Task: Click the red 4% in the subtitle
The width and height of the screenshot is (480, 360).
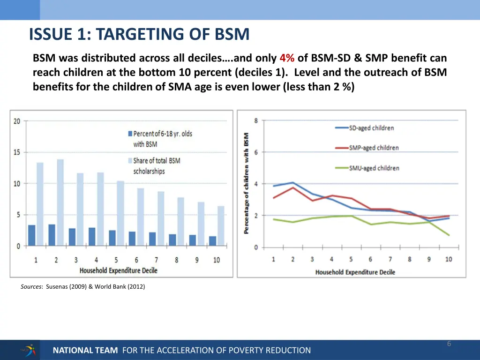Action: click(286, 59)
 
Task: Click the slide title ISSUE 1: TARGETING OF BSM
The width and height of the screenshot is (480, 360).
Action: click(139, 34)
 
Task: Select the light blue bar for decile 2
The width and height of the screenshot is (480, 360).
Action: click(60, 202)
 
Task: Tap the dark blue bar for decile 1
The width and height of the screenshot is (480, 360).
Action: click(32, 235)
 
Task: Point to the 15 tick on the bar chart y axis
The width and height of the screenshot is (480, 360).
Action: click(17, 152)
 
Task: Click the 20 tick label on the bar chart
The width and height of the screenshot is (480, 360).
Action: click(17, 121)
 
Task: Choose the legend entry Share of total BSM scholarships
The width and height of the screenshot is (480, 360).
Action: click(156, 166)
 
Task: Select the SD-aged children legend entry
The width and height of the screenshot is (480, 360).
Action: click(371, 128)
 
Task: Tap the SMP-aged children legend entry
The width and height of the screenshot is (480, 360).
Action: click(374, 148)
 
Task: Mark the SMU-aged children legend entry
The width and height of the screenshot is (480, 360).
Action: click(374, 168)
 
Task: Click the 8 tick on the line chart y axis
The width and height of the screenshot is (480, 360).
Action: click(256, 120)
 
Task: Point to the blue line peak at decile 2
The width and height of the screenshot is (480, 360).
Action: click(293, 182)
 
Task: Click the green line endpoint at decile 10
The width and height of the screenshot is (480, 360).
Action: click(449, 235)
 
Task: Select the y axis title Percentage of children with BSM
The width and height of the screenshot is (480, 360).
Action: click(246, 184)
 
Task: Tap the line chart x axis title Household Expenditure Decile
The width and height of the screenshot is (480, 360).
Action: click(355, 272)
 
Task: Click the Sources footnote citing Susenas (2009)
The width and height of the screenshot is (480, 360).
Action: click(82, 287)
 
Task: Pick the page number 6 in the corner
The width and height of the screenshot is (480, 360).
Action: click(449, 344)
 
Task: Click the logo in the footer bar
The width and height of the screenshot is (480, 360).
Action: click(28, 350)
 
